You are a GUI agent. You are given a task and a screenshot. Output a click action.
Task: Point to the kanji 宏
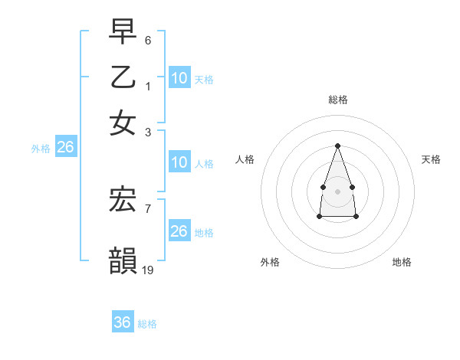tap(123, 201)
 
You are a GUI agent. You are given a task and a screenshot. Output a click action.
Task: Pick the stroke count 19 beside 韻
tap(148, 270)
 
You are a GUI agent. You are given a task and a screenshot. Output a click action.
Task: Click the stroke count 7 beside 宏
tap(148, 208)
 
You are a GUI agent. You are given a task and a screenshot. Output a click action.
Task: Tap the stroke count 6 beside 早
tap(148, 40)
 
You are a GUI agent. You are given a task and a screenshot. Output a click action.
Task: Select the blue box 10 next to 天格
tap(179, 77)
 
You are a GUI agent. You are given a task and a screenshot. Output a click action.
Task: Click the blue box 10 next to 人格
tap(179, 162)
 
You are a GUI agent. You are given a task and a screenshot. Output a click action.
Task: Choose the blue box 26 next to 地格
tap(179, 231)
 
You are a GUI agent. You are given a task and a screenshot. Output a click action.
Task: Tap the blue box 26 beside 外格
tap(65, 148)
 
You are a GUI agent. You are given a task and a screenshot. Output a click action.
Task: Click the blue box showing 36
tap(122, 322)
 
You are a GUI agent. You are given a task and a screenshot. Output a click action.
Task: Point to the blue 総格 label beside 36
tap(147, 324)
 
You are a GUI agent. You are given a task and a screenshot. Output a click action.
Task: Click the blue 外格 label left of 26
tap(41, 149)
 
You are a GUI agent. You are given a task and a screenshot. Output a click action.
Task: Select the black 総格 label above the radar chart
tap(338, 100)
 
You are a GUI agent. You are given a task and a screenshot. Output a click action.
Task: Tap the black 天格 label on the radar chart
tap(432, 159)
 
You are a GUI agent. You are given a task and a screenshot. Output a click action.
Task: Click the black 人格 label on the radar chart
tap(245, 159)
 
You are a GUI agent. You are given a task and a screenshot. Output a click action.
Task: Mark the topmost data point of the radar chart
tap(337, 146)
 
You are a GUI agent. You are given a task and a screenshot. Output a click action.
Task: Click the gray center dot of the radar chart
tap(337, 190)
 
